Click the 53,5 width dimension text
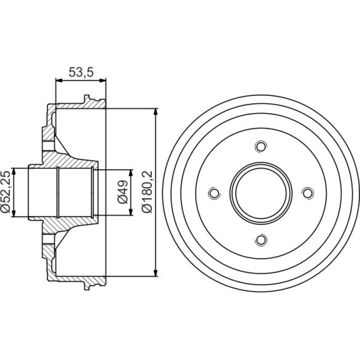click(x=81, y=72)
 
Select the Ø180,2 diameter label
click(x=147, y=192)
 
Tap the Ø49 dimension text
click(x=122, y=192)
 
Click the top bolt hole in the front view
click(x=261, y=146)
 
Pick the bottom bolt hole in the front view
click(x=261, y=240)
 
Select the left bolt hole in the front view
click(x=214, y=193)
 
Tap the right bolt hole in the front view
click(x=308, y=193)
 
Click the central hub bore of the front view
click(x=261, y=193)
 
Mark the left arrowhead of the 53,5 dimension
click(x=59, y=80)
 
